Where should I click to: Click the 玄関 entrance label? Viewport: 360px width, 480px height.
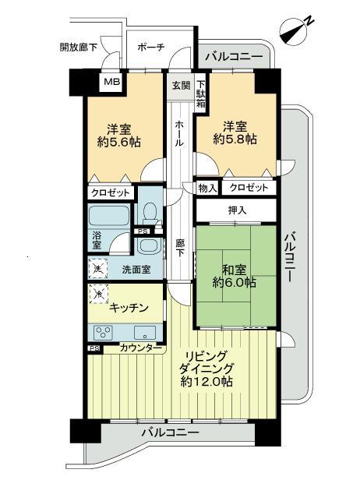point(179,85)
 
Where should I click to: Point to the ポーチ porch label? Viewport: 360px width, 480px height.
point(150,48)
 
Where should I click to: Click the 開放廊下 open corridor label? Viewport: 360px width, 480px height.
point(79,48)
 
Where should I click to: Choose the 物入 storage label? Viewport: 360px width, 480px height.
point(207,189)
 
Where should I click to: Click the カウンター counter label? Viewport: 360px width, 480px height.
point(141,348)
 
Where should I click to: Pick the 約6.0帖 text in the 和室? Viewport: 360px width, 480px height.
point(235,283)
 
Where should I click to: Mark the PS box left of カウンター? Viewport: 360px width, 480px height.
point(94,348)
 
